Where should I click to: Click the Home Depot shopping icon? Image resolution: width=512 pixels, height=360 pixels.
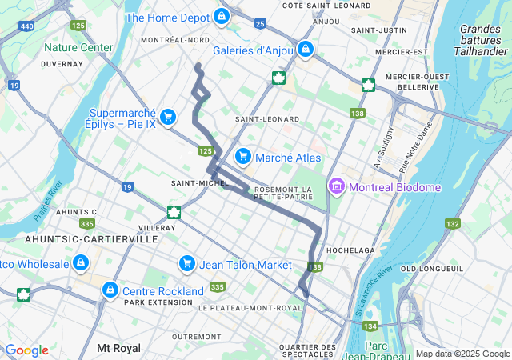click(222, 17)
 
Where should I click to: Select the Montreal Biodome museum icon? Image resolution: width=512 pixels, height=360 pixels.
click(336, 187)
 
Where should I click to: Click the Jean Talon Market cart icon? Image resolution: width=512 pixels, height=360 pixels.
click(187, 264)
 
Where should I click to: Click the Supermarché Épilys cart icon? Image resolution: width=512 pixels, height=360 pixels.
click(167, 118)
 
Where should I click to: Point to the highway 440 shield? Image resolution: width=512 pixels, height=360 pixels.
click(27, 26)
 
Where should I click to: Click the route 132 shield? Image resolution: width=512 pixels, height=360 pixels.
click(453, 223)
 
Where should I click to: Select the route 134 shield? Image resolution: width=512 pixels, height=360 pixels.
click(370, 326)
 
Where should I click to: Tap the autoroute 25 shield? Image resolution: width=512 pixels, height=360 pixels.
click(260, 23)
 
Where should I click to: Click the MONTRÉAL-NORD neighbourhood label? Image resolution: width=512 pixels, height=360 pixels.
click(175, 40)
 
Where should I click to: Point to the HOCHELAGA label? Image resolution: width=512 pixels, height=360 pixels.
click(350, 250)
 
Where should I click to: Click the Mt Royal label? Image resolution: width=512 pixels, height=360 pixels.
click(118, 348)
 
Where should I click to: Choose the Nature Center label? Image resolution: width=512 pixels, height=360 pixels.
click(78, 47)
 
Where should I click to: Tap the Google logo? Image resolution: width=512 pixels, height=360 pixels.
click(26, 350)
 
